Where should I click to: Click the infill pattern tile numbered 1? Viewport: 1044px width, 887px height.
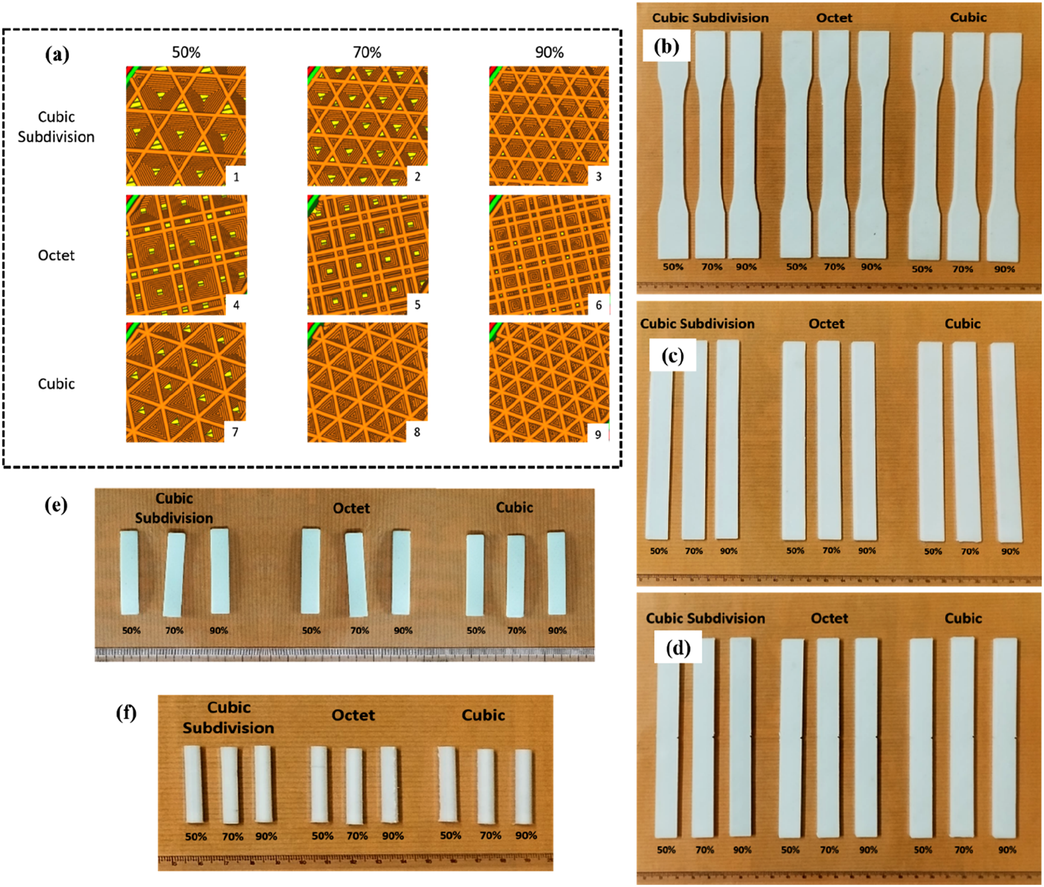(x=185, y=126)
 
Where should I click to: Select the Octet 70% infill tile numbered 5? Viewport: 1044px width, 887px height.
(x=367, y=255)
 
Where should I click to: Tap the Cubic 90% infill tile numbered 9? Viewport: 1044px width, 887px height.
(x=549, y=382)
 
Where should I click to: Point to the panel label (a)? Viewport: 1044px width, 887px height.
(x=57, y=54)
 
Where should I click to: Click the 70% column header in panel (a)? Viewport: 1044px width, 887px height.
(x=367, y=52)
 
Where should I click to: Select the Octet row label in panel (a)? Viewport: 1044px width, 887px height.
(x=56, y=255)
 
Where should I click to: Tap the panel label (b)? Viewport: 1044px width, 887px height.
(x=666, y=46)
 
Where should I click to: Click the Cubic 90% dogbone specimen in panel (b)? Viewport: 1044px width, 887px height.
(x=1004, y=147)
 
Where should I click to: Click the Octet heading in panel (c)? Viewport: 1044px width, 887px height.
(x=826, y=324)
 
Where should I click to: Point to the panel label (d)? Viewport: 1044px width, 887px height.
(x=678, y=649)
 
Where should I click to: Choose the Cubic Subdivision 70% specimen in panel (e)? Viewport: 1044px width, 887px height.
(x=174, y=575)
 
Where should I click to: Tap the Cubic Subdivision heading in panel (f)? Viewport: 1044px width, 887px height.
(x=228, y=717)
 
